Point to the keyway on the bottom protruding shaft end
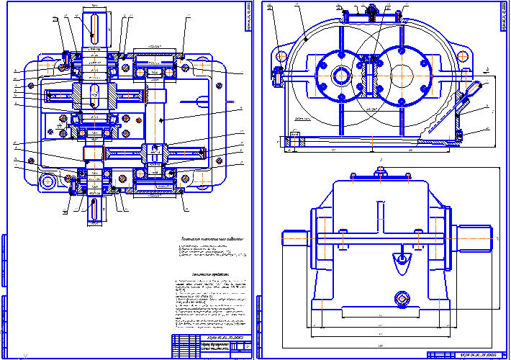pyautogui.click(x=94, y=210)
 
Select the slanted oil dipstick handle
pyautogui.click(x=471, y=90)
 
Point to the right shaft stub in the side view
pyautogui.click(x=471, y=237)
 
